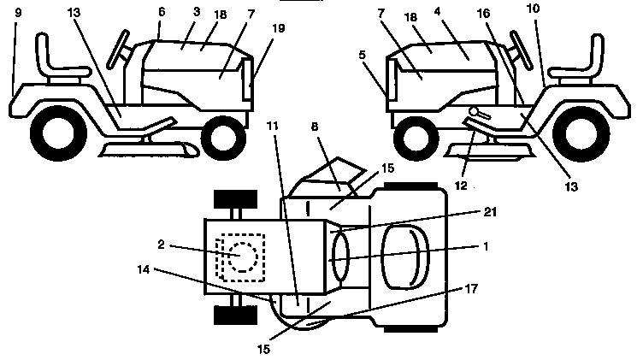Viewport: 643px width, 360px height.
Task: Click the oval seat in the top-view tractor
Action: point(402,257)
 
